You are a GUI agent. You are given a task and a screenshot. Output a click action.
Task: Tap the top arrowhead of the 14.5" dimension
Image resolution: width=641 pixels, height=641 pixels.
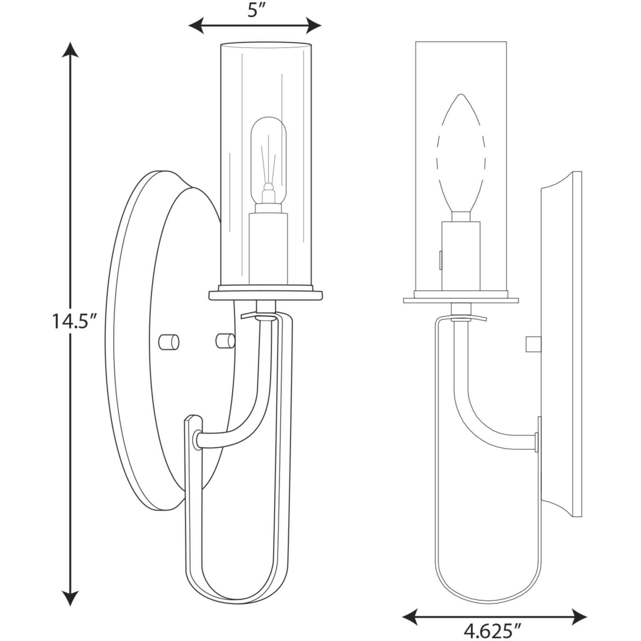(x=70, y=50)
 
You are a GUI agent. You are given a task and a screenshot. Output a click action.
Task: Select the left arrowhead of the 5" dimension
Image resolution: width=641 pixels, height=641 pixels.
(x=196, y=25)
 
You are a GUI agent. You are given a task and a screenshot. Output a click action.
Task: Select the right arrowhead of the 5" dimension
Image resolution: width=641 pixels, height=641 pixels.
(x=313, y=25)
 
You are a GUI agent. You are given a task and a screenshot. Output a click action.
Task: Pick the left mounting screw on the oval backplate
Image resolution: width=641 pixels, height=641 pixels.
(x=168, y=342)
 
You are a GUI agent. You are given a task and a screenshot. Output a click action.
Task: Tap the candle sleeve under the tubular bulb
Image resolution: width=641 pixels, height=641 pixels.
(x=268, y=249)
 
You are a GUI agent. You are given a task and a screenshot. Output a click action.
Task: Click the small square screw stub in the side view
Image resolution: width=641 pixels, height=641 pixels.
(x=534, y=344)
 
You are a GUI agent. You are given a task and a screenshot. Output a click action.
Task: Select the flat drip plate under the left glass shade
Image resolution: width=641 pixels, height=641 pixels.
(x=265, y=295)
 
